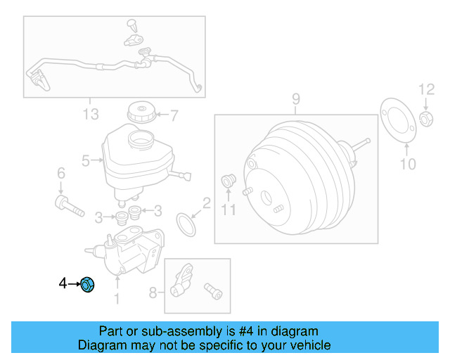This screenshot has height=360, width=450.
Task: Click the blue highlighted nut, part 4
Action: tap(88, 285)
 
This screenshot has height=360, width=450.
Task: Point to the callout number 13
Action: tap(91, 114)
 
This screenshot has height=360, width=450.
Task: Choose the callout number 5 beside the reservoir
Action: tap(85, 161)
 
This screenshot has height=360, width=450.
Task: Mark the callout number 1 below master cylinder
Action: tap(117, 300)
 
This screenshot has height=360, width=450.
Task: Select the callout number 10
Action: tap(408, 165)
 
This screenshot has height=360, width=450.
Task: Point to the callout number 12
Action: tap(427, 89)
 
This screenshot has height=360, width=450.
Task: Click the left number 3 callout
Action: tap(99, 215)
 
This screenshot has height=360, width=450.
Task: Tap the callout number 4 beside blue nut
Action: tap(63, 284)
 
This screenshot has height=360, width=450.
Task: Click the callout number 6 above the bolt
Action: tap(60, 173)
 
